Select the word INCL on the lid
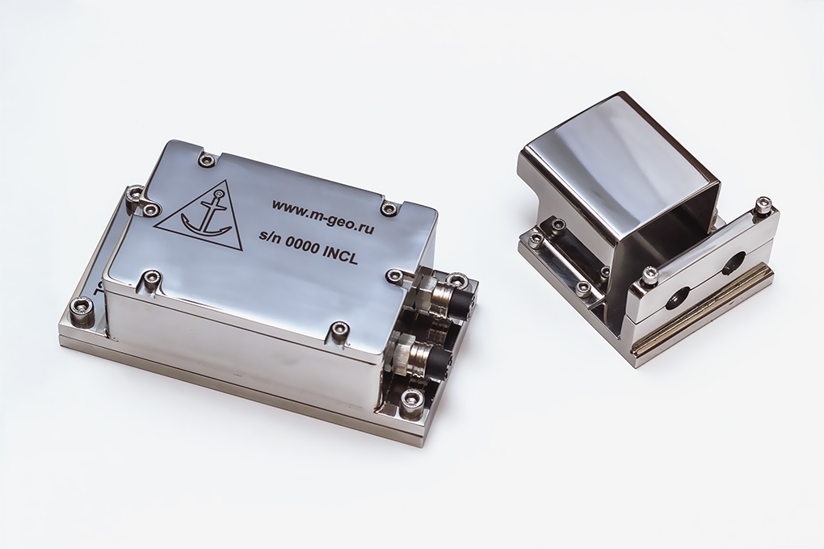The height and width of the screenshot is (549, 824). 339,254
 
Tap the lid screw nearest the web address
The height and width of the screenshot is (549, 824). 389,209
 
